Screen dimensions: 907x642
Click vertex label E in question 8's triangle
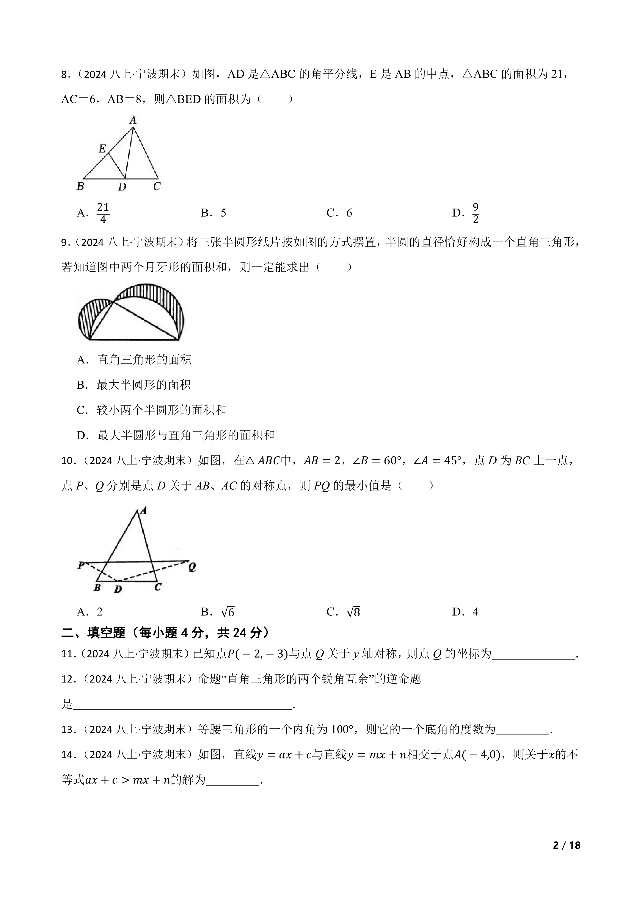click(x=102, y=148)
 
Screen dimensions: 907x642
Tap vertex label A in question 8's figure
click(x=133, y=120)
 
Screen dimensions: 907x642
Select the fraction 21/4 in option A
click(x=103, y=213)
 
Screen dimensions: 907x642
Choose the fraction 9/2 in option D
click(x=476, y=213)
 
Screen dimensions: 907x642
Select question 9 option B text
click(x=143, y=385)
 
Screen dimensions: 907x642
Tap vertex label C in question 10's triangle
click(x=157, y=587)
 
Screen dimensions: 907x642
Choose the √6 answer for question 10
click(x=228, y=612)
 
